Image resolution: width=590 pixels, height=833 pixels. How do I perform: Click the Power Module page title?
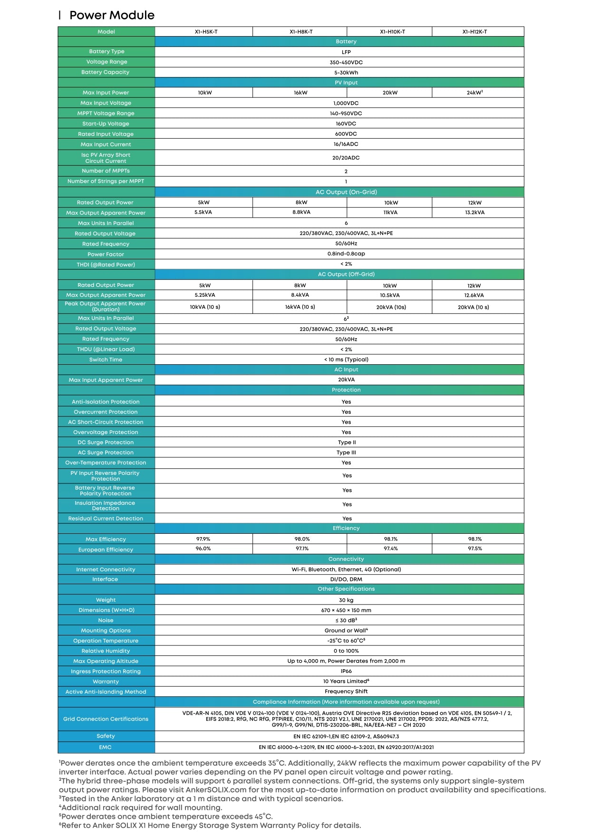tap(112, 15)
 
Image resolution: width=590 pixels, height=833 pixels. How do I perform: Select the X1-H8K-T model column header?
tap(301, 32)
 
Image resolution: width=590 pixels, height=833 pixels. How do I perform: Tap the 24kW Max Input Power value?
tap(474, 93)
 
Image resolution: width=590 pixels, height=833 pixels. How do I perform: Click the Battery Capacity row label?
tap(105, 72)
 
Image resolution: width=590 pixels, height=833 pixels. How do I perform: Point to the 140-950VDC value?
tap(346, 114)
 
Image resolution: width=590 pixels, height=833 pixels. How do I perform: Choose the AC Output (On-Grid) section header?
tap(346, 192)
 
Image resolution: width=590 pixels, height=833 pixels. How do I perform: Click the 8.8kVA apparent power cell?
tap(301, 212)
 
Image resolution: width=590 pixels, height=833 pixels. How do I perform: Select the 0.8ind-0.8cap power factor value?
tap(346, 254)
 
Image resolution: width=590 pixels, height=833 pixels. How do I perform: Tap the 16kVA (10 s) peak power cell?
tap(300, 307)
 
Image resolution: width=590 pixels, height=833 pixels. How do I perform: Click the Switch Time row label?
tap(106, 360)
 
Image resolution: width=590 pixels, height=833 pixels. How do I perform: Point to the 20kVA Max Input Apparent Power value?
tap(346, 379)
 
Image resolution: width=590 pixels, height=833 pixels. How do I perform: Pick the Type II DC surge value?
tap(347, 442)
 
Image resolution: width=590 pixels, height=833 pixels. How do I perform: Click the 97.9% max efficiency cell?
tap(203, 539)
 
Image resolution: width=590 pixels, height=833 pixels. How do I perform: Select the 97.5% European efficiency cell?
tap(474, 549)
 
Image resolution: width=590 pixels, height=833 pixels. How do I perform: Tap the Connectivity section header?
tap(346, 559)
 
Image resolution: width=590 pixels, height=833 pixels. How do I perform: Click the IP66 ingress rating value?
tap(346, 671)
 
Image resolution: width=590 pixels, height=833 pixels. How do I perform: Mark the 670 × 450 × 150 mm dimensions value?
tap(346, 610)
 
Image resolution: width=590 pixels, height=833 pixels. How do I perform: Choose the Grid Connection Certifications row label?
tap(106, 719)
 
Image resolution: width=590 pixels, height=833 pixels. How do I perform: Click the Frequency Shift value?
tap(346, 691)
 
